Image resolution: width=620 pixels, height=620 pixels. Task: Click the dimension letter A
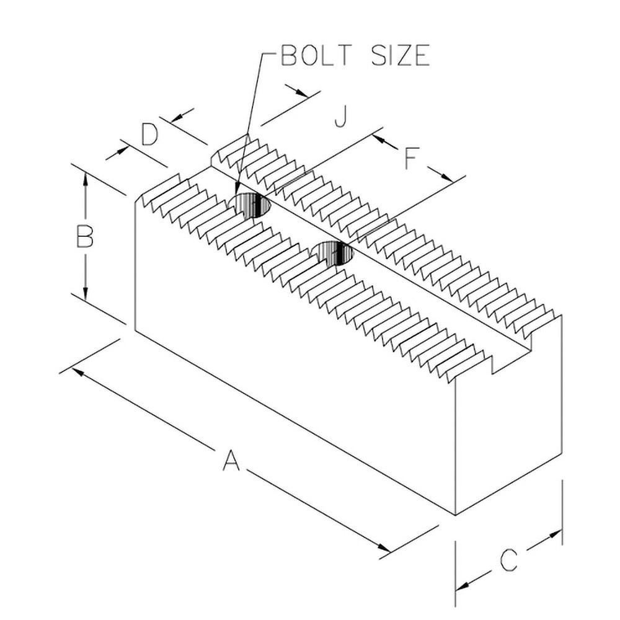(230, 461)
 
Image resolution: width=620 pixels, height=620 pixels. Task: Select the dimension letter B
(84, 237)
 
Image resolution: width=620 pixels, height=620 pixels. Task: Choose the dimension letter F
(410, 159)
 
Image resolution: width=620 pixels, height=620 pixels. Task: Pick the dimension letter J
(339, 116)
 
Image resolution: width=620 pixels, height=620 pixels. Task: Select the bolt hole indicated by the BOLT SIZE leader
(250, 205)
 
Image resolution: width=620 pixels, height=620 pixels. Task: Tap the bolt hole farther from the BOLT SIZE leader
(333, 253)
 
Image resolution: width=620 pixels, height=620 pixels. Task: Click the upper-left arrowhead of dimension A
(77, 370)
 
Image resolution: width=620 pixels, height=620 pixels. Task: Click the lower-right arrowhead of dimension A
(385, 548)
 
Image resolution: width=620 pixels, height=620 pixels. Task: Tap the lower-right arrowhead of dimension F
(448, 177)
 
